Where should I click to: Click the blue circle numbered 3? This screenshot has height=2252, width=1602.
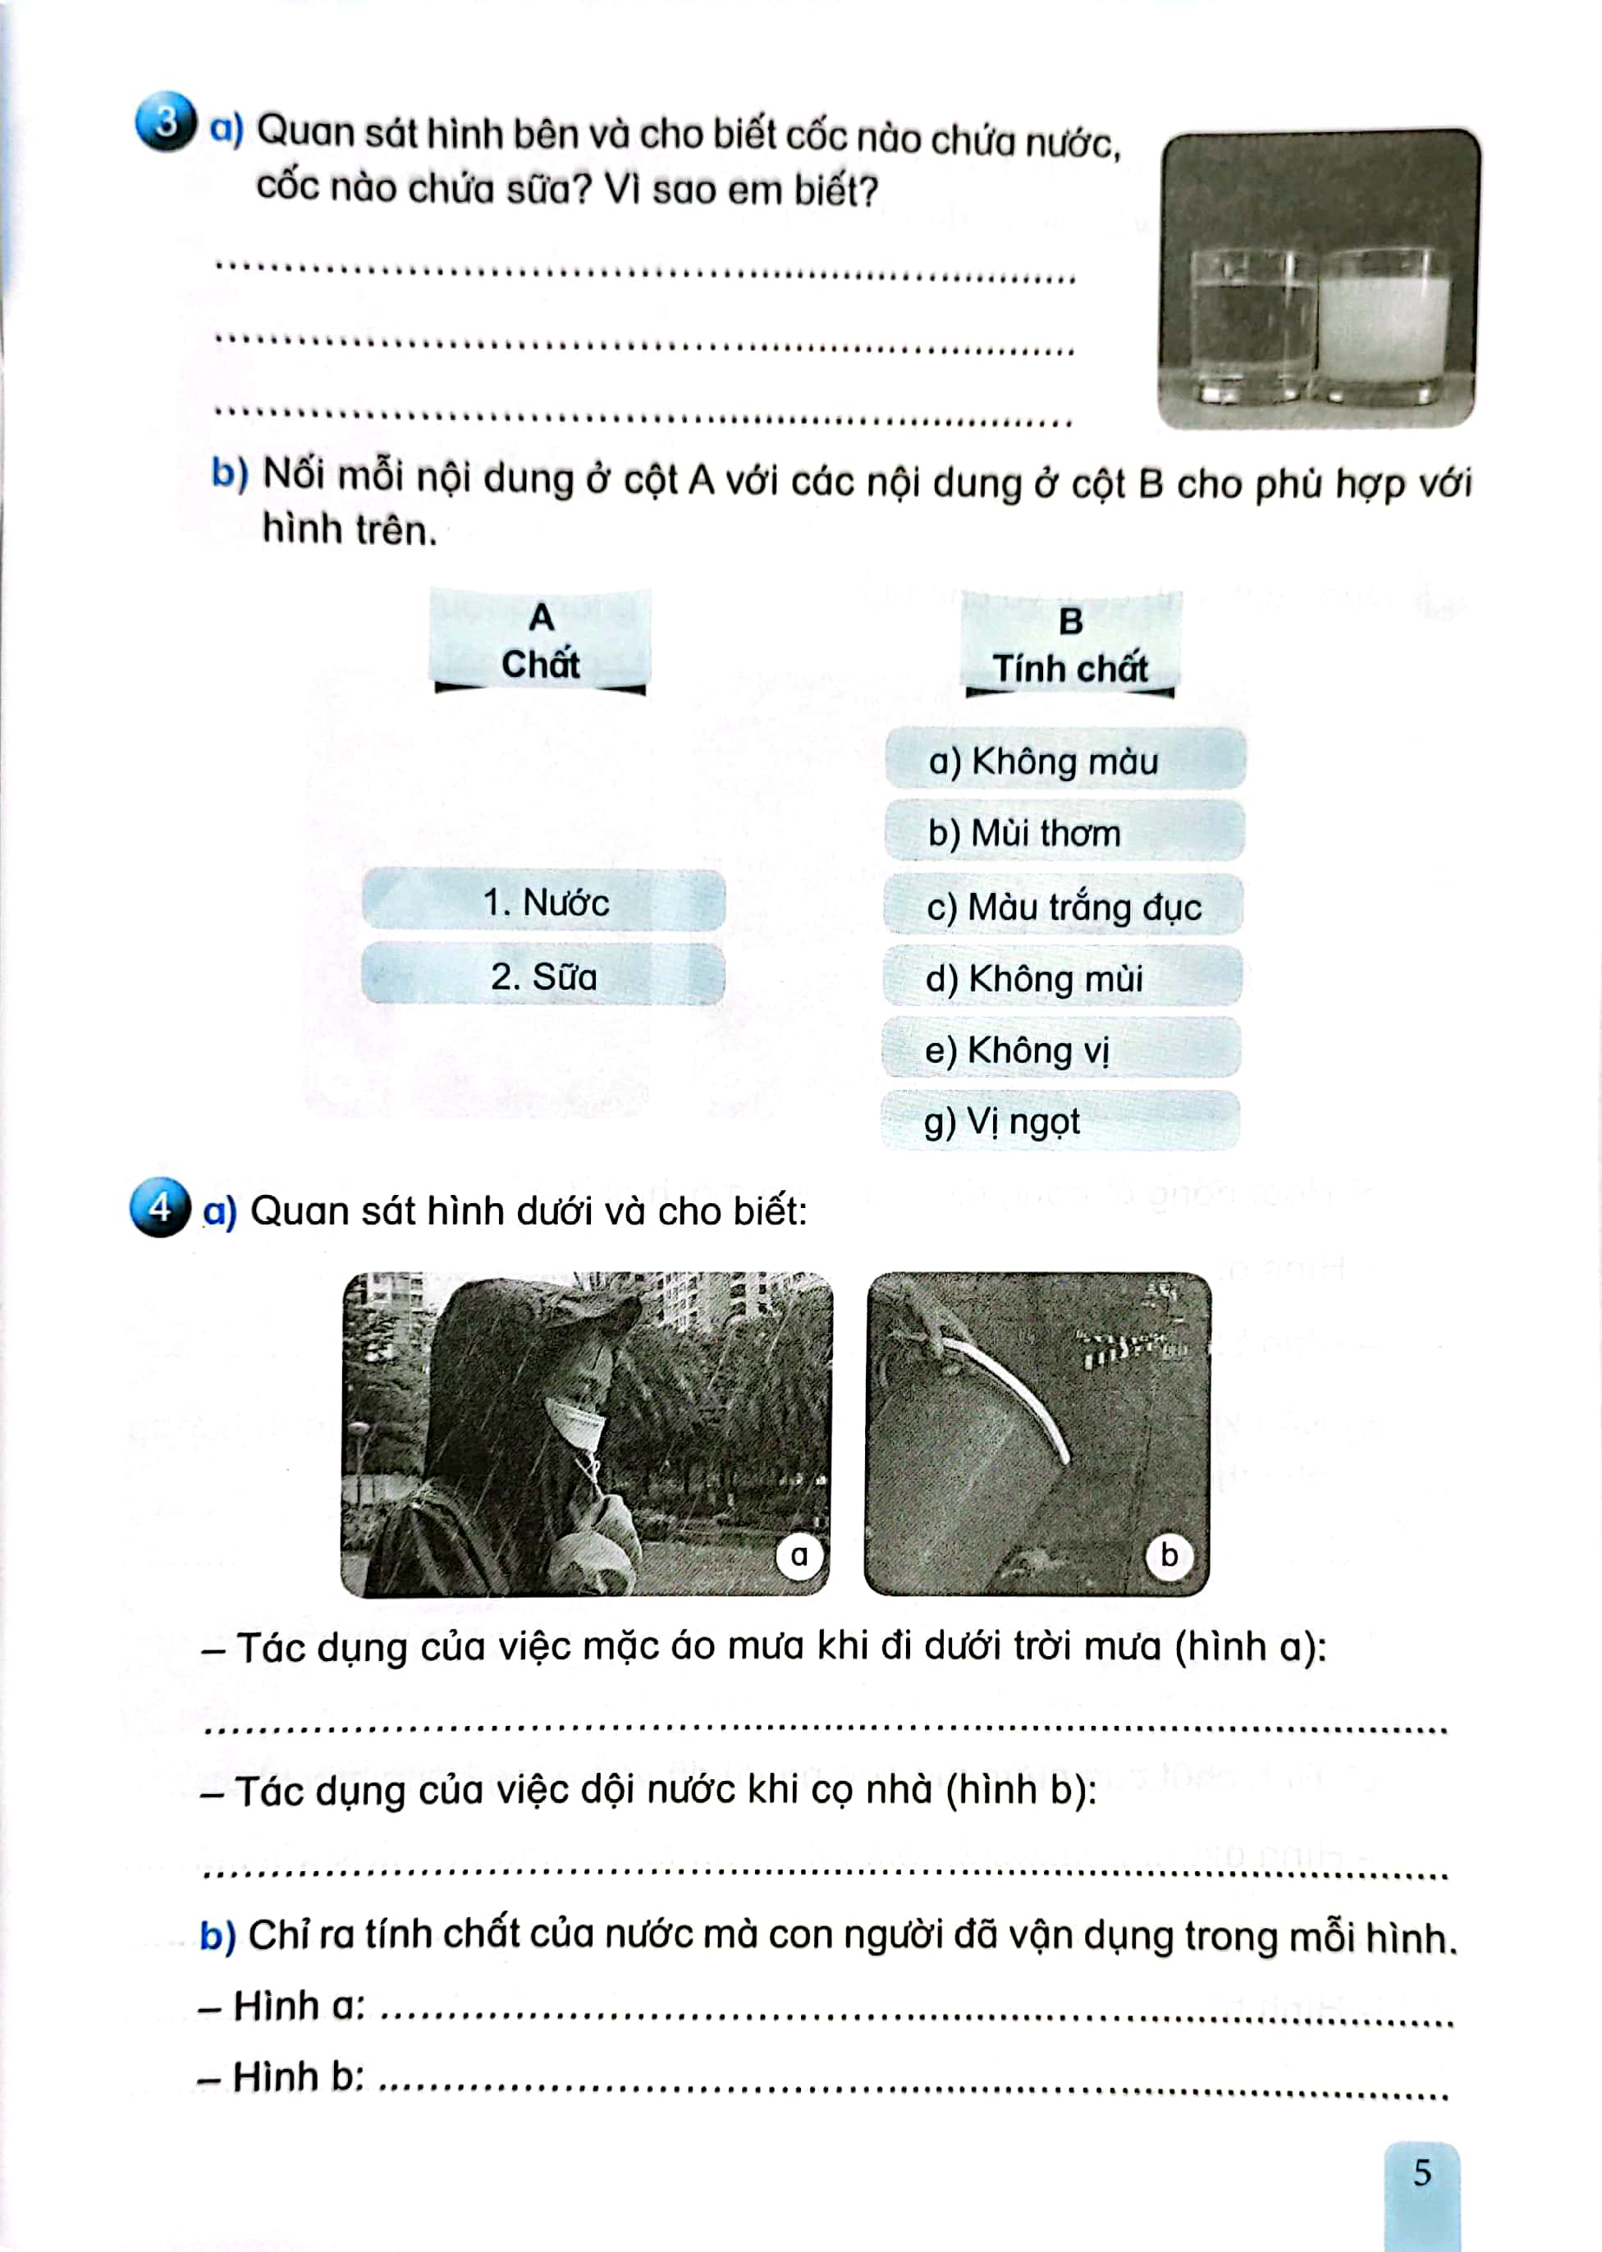click(x=165, y=123)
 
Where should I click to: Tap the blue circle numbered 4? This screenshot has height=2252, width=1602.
click(x=159, y=1206)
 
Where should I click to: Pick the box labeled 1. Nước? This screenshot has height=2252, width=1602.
click(x=544, y=900)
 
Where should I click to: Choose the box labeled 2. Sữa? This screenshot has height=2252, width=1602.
click(x=543, y=976)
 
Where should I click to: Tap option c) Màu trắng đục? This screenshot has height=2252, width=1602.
click(x=1064, y=905)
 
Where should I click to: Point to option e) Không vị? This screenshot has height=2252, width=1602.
click(x=1060, y=1050)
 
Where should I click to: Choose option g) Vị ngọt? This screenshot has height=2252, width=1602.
click(x=1060, y=1122)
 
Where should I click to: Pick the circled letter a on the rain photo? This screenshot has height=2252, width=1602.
click(x=799, y=1555)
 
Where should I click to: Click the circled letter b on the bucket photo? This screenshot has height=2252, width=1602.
click(x=1169, y=1555)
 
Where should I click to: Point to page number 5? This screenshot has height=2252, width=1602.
click(x=1421, y=2172)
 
